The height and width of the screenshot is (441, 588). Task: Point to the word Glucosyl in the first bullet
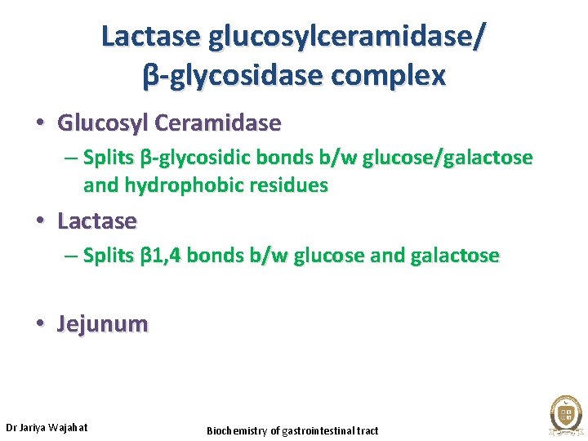pyautogui.click(x=102, y=123)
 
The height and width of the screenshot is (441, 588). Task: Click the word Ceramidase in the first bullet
pyautogui.click(x=218, y=123)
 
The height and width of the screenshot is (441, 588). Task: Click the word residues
pyautogui.click(x=292, y=185)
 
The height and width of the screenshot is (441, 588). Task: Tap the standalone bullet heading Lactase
pyautogui.click(x=97, y=220)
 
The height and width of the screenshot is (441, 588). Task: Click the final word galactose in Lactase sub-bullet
pyautogui.click(x=455, y=256)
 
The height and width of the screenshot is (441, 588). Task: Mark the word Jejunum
pyautogui.click(x=103, y=324)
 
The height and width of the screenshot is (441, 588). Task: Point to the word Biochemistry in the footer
pyautogui.click(x=238, y=430)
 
